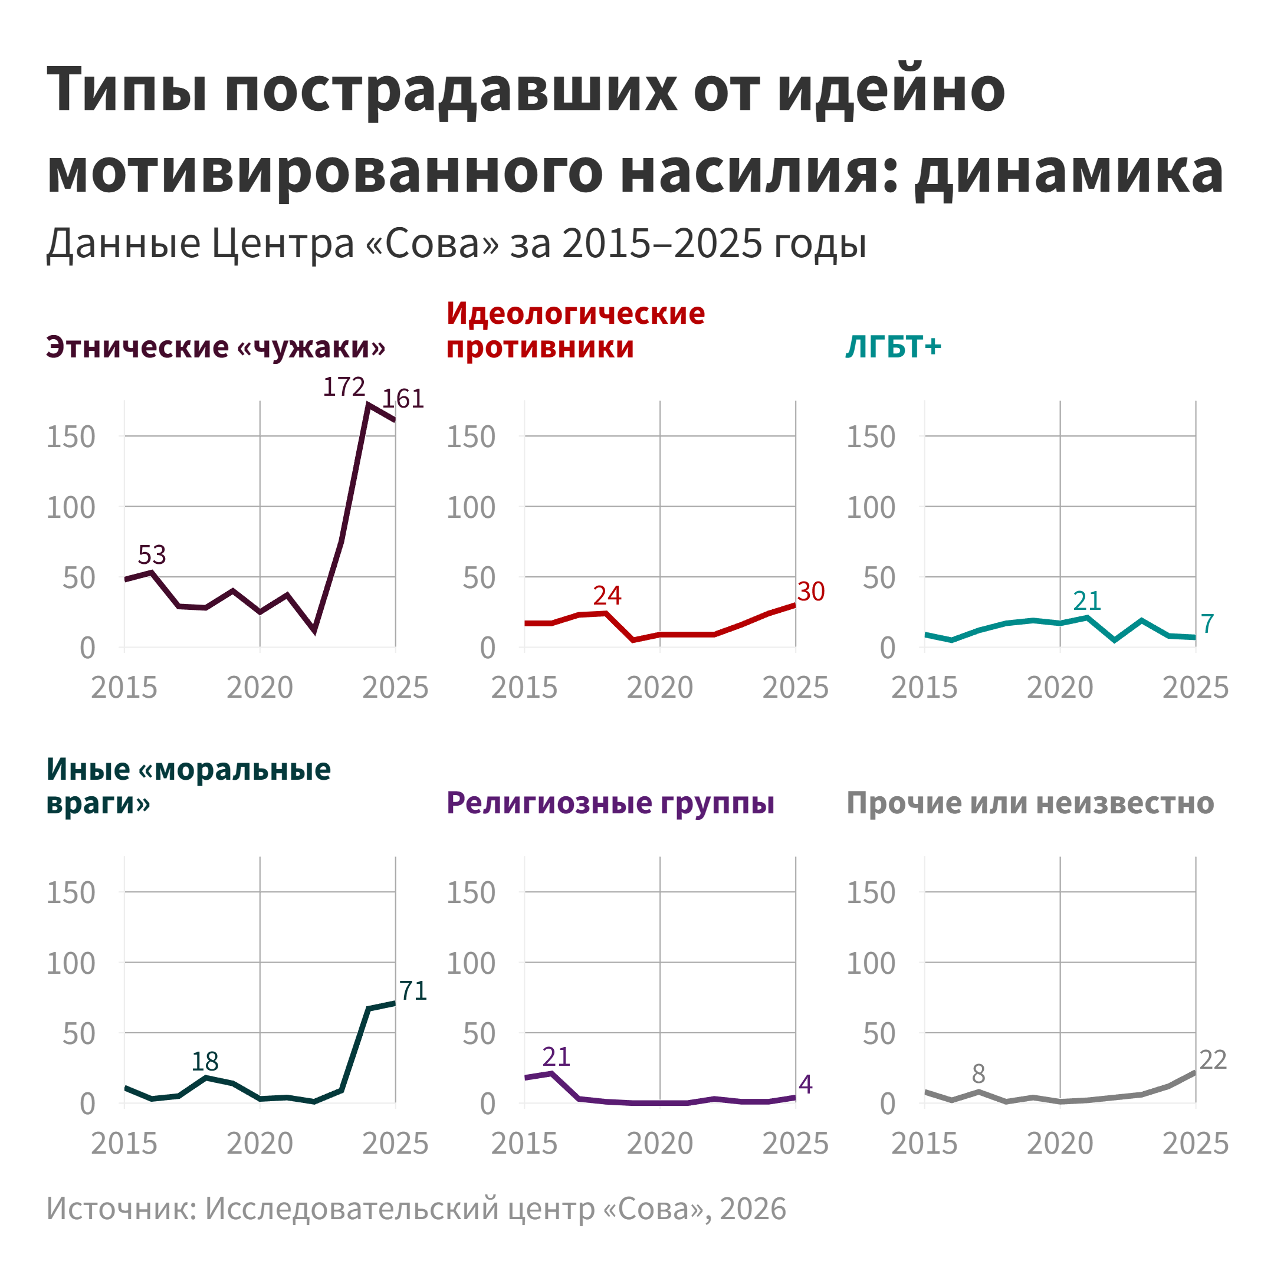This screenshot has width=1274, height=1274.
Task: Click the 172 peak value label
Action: tap(343, 387)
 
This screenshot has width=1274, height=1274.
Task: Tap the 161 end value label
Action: tap(403, 399)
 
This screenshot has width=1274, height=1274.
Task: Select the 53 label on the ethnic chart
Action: tap(152, 554)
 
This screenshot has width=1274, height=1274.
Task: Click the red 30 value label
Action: tap(810, 592)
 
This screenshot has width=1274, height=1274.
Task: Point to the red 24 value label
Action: tap(607, 596)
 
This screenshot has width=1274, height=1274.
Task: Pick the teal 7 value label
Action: tap(1207, 624)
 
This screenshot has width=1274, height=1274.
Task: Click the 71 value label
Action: tap(413, 990)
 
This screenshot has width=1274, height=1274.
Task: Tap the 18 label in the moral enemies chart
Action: tap(205, 1061)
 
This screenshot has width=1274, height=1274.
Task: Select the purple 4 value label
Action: tap(805, 1084)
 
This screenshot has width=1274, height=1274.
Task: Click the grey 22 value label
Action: tap(1213, 1060)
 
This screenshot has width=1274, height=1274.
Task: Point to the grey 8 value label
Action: tap(979, 1074)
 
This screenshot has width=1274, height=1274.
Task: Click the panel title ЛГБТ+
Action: tap(894, 347)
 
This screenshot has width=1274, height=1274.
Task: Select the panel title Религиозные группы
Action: tap(610, 803)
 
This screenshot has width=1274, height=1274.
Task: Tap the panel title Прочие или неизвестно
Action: tap(1030, 803)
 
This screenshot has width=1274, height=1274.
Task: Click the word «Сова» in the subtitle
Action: tap(432, 244)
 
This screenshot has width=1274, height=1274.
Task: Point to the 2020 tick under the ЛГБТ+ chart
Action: tap(1060, 688)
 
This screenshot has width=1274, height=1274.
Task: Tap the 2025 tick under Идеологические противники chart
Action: tap(795, 688)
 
